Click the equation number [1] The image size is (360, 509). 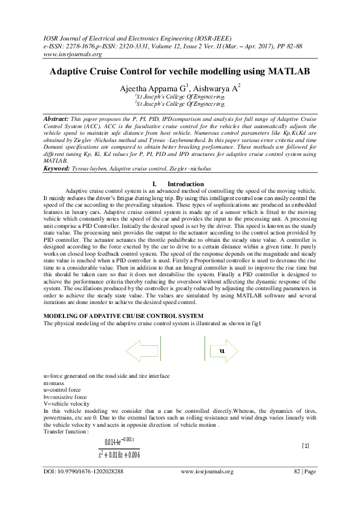click(x=306, y=446)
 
